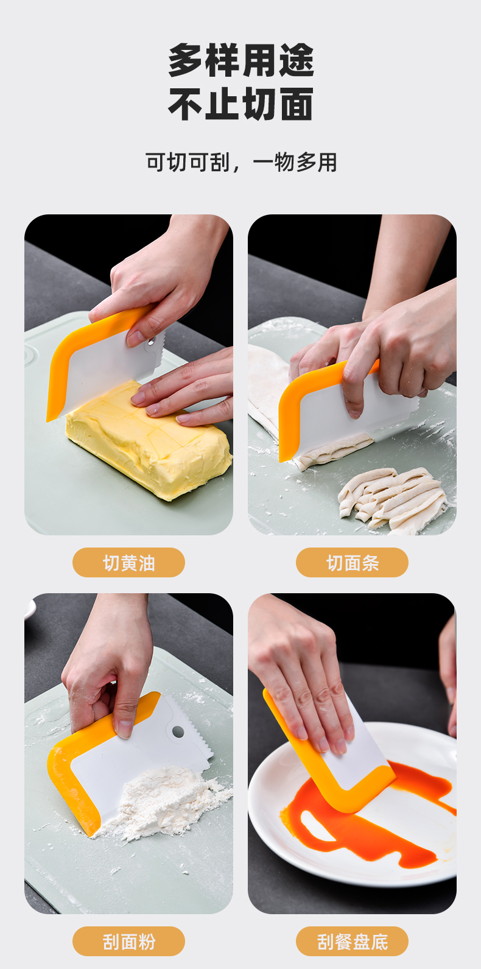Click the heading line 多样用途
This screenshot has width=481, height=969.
[x=241, y=60]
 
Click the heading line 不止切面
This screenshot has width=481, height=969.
[x=241, y=104]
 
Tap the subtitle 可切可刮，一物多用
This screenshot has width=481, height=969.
[x=241, y=163]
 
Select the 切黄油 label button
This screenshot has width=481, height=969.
[x=128, y=562]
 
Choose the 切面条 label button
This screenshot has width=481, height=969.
[x=352, y=562]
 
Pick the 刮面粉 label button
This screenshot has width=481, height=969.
[x=128, y=942]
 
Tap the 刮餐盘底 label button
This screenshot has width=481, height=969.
[x=352, y=942]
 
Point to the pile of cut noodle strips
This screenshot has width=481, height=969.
[x=391, y=499]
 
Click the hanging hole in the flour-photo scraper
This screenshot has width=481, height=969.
[x=178, y=732]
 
